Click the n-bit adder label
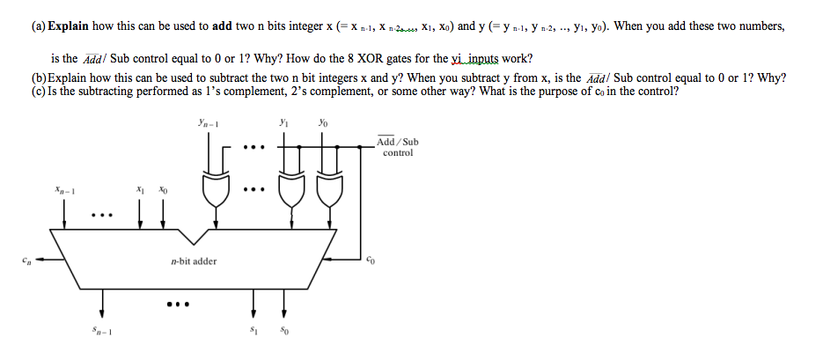coord(194,261)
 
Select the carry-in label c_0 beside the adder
coord(371,259)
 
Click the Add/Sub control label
coord(397,147)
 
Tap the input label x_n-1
coord(64,190)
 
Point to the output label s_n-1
coord(102,331)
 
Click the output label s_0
coord(284,331)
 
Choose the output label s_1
coord(254,330)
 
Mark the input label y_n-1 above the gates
coord(209,123)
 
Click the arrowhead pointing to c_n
coord(39,259)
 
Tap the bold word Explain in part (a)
coord(69,26)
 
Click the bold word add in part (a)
coord(222,26)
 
